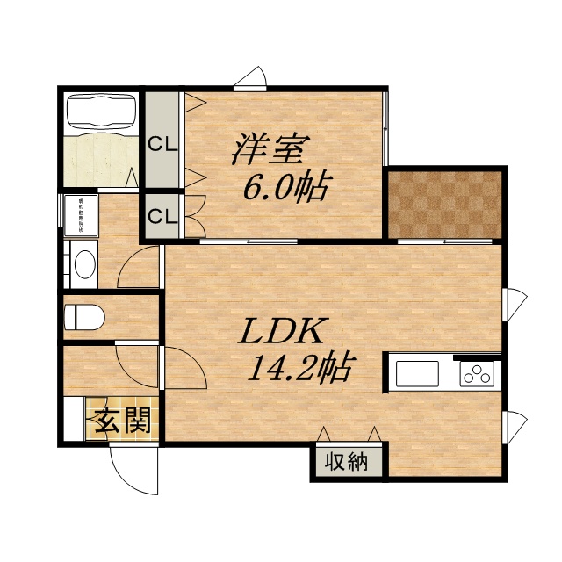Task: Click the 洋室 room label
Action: point(269,149)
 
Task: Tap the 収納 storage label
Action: point(347,462)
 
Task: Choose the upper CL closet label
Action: point(162,144)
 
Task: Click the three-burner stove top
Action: point(477,375)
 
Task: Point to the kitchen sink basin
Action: point(420,374)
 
